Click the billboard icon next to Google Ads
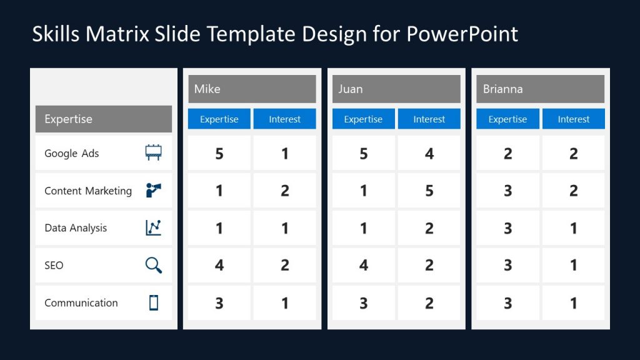(x=153, y=153)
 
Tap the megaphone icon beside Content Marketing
(x=153, y=191)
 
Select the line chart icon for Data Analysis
(x=153, y=228)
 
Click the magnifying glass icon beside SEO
(x=153, y=266)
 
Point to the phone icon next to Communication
(x=153, y=302)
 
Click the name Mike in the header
(x=207, y=89)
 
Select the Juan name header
(x=351, y=89)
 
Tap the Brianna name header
(x=502, y=89)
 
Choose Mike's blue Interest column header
(x=284, y=119)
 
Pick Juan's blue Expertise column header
(x=363, y=119)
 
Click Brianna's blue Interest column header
(x=573, y=119)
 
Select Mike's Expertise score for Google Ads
(x=219, y=153)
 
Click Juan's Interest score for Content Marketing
(x=429, y=191)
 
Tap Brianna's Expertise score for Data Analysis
(x=507, y=228)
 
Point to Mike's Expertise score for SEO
(x=219, y=266)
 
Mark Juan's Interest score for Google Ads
(x=429, y=153)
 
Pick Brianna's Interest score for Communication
(x=573, y=303)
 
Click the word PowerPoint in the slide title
(x=462, y=34)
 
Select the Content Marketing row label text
(x=88, y=191)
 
